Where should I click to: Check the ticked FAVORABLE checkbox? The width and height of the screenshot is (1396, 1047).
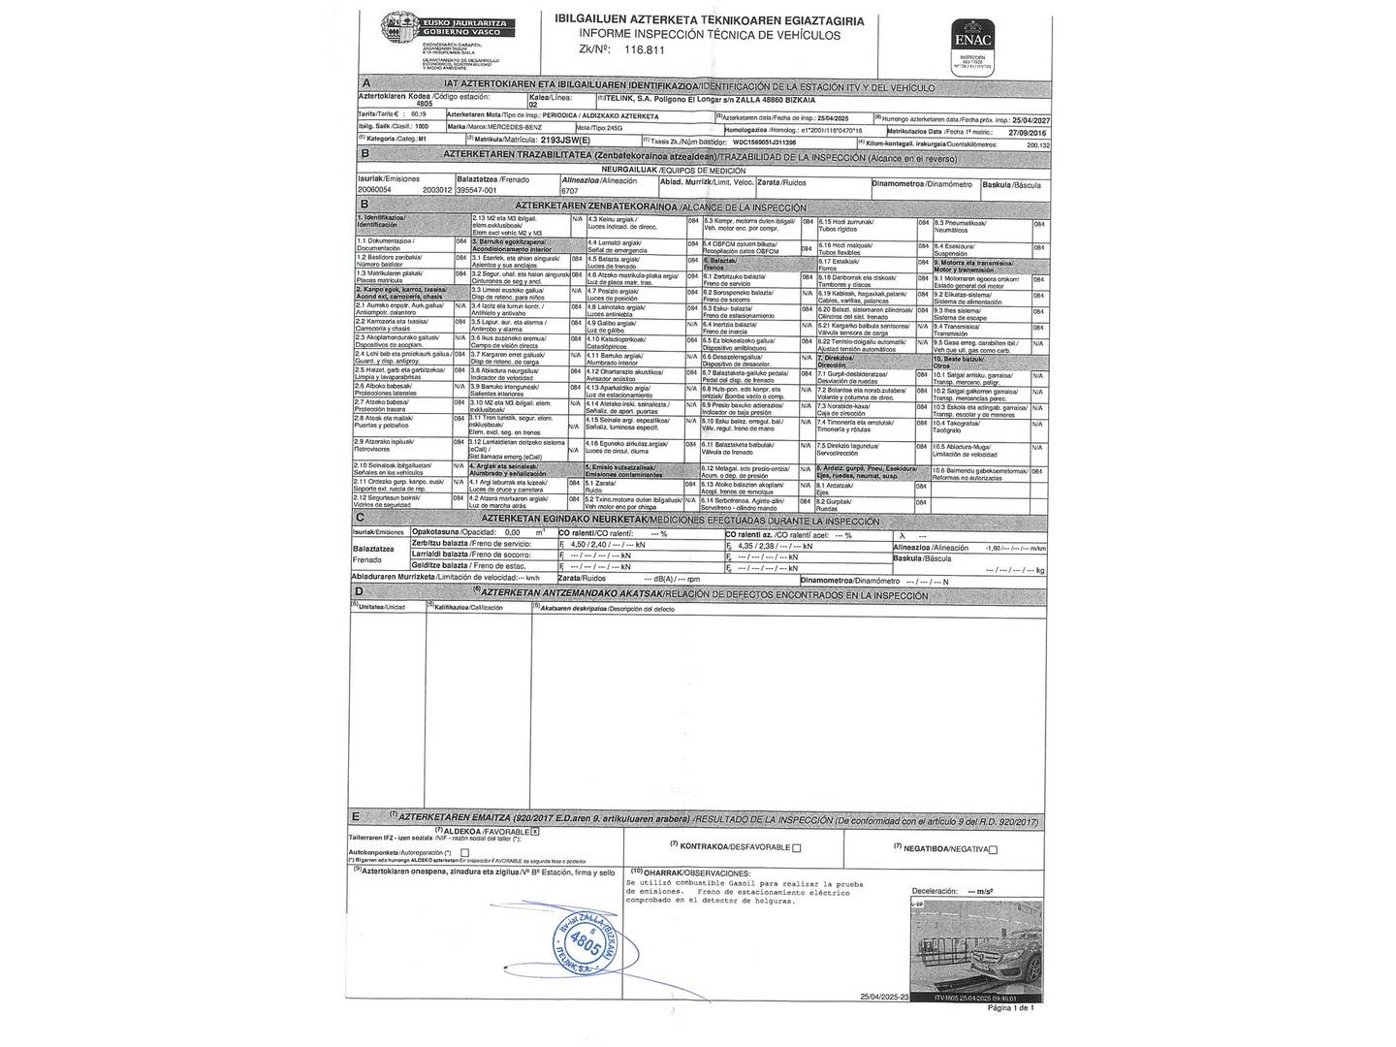534,832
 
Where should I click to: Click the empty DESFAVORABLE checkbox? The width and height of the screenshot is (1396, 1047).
797,847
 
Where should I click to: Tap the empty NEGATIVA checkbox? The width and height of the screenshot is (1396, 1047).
993,849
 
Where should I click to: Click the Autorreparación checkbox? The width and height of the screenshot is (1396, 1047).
465,852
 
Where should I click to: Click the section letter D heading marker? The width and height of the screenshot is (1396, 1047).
360,592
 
